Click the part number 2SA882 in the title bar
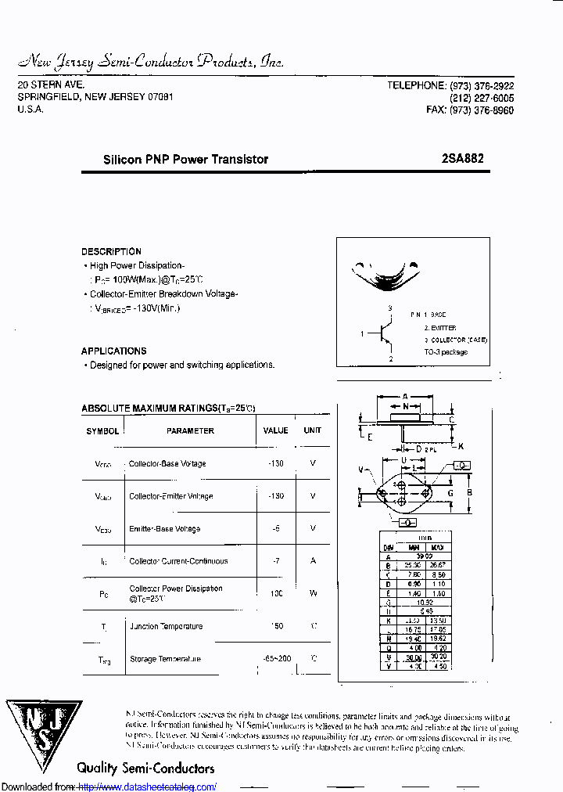pos(462,158)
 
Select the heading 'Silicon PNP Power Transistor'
pos(185,159)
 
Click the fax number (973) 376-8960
pos(481,110)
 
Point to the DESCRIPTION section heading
pos(111,251)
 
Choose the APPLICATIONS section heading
pos(113,351)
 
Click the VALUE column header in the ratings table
pos(275,430)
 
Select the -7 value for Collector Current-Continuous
pos(275,561)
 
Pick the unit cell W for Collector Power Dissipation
pos(313,593)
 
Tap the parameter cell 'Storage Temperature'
pos(166,659)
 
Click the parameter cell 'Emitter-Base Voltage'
pos(164,529)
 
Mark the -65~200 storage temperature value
pos(277,659)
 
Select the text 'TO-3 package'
pos(446,352)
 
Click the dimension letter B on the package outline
pos(468,492)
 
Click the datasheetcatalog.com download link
pos(147,787)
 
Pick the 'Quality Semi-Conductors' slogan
pos(145,768)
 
